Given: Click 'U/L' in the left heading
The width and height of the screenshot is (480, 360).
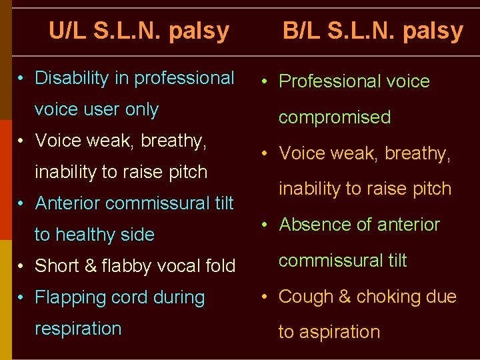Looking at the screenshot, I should click(68, 31).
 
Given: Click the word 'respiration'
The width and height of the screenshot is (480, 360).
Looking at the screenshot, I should click(78, 329).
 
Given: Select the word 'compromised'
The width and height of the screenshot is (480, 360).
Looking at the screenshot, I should click(335, 117).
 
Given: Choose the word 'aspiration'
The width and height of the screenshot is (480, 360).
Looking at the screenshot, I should click(339, 332).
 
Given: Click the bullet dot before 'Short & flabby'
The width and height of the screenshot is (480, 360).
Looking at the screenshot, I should click(22, 267).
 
